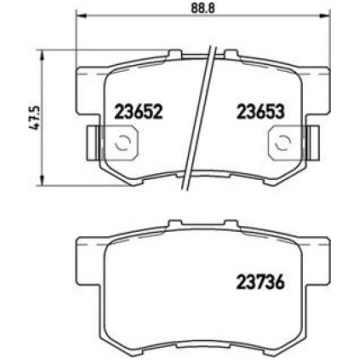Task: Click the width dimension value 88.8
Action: (203, 8)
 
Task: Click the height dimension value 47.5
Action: (35, 117)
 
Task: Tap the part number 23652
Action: (138, 111)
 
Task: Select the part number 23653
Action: (260, 111)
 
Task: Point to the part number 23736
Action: (260, 283)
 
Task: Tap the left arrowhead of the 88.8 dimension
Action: (82, 15)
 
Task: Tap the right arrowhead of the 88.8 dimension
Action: (325, 15)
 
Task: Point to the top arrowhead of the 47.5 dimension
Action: (42, 55)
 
